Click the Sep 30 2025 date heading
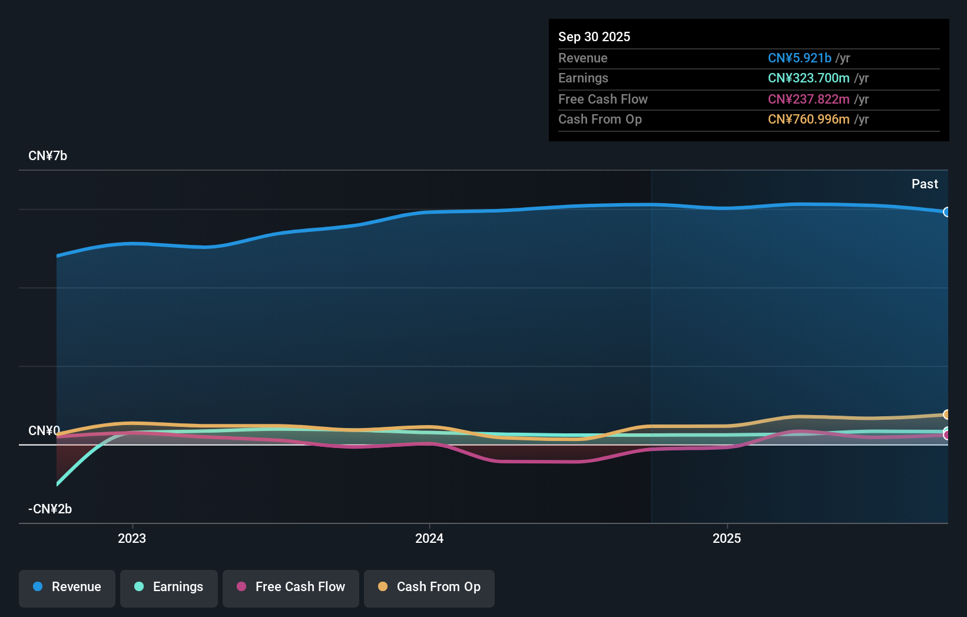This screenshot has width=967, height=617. pos(594,37)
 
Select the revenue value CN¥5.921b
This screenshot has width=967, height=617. pos(799,58)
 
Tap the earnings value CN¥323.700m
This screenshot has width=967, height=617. pos(808,78)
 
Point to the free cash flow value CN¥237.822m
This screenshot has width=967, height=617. pos(808,99)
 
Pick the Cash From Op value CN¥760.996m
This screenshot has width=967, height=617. pos(808,119)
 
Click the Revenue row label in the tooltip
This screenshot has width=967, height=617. pos(582,58)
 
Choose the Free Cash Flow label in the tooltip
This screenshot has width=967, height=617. pos(602,99)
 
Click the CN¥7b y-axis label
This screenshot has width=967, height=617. pos(48,155)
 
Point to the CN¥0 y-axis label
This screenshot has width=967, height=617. pos(44,430)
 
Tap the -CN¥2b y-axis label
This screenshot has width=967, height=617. pos(50,509)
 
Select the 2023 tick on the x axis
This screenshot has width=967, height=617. pos(132,538)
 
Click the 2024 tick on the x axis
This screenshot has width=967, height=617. pos(429,538)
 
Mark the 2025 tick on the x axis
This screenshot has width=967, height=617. pos(727,538)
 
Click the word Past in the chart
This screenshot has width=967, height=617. pos(924,184)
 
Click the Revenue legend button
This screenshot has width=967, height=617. pos(67,587)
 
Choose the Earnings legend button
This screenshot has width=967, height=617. pos(169,587)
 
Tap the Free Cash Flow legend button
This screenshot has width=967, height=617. pos(291,587)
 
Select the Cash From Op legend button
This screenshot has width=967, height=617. pos(429,587)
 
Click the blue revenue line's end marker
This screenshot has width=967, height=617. pos(946,212)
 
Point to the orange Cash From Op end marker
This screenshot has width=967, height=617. pos(946,414)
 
